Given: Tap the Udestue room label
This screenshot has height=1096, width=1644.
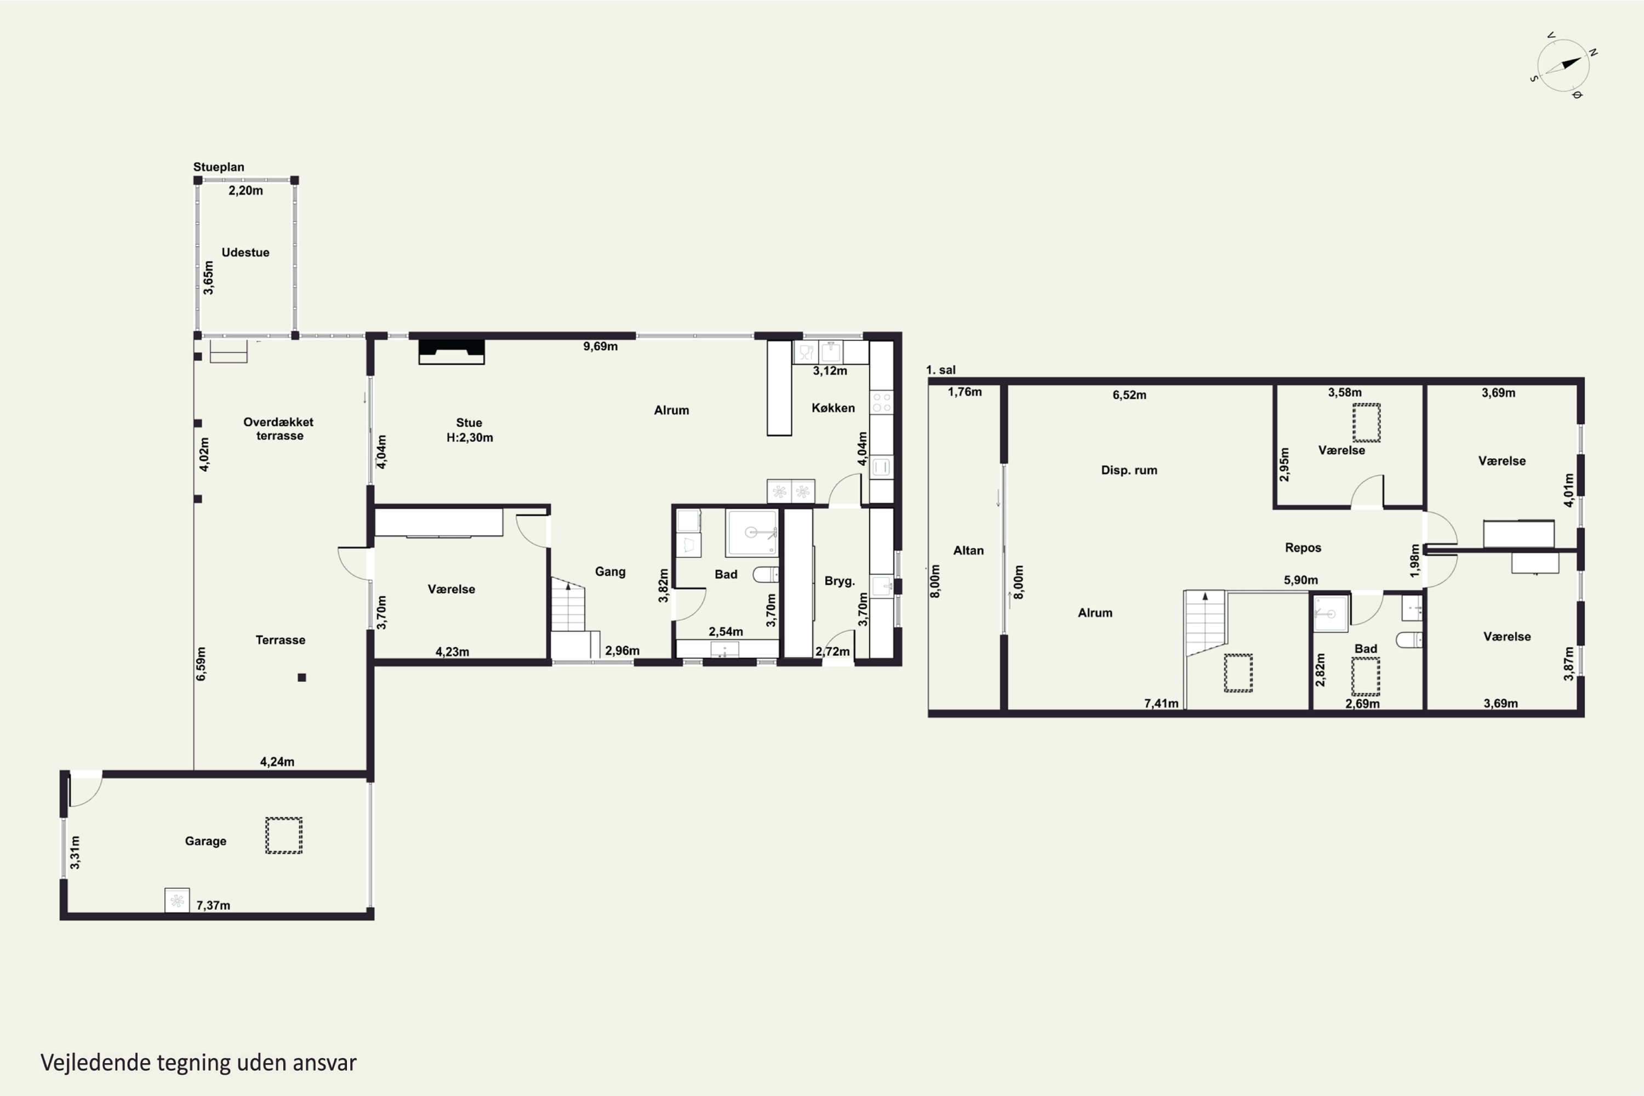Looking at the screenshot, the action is coord(246,252).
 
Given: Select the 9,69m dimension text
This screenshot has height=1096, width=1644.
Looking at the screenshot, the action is coord(601,346).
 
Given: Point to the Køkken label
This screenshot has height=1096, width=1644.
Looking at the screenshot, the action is coord(833,408).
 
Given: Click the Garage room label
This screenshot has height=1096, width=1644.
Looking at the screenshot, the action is coord(206,841).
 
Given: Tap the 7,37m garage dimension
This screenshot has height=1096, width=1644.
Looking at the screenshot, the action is coord(213,905).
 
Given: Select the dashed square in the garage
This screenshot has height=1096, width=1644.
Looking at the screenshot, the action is coord(284,835).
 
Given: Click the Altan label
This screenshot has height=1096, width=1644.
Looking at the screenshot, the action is coord(968,550).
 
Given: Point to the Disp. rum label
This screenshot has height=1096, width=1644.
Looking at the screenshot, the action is coord(1129,470).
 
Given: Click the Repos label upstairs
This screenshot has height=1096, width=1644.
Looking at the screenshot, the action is coord(1303,547).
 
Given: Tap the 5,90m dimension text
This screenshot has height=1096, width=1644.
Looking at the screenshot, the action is coord(1301,579).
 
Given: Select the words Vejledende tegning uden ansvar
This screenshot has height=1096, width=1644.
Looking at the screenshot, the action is coord(198,1063).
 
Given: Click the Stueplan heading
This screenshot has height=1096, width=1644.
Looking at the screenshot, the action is coord(219,167).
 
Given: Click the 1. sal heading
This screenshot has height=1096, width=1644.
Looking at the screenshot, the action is coord(941,370).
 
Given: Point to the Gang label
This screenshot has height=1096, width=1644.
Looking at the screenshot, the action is coord(610,572).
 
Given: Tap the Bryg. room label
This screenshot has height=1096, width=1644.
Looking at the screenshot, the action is coord(840,581).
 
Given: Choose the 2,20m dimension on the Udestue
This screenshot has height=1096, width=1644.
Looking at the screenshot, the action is coord(246,190).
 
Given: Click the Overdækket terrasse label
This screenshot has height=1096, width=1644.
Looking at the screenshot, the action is coord(279,429).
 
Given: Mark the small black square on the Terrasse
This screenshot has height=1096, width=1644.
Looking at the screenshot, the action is coord(302,677).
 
